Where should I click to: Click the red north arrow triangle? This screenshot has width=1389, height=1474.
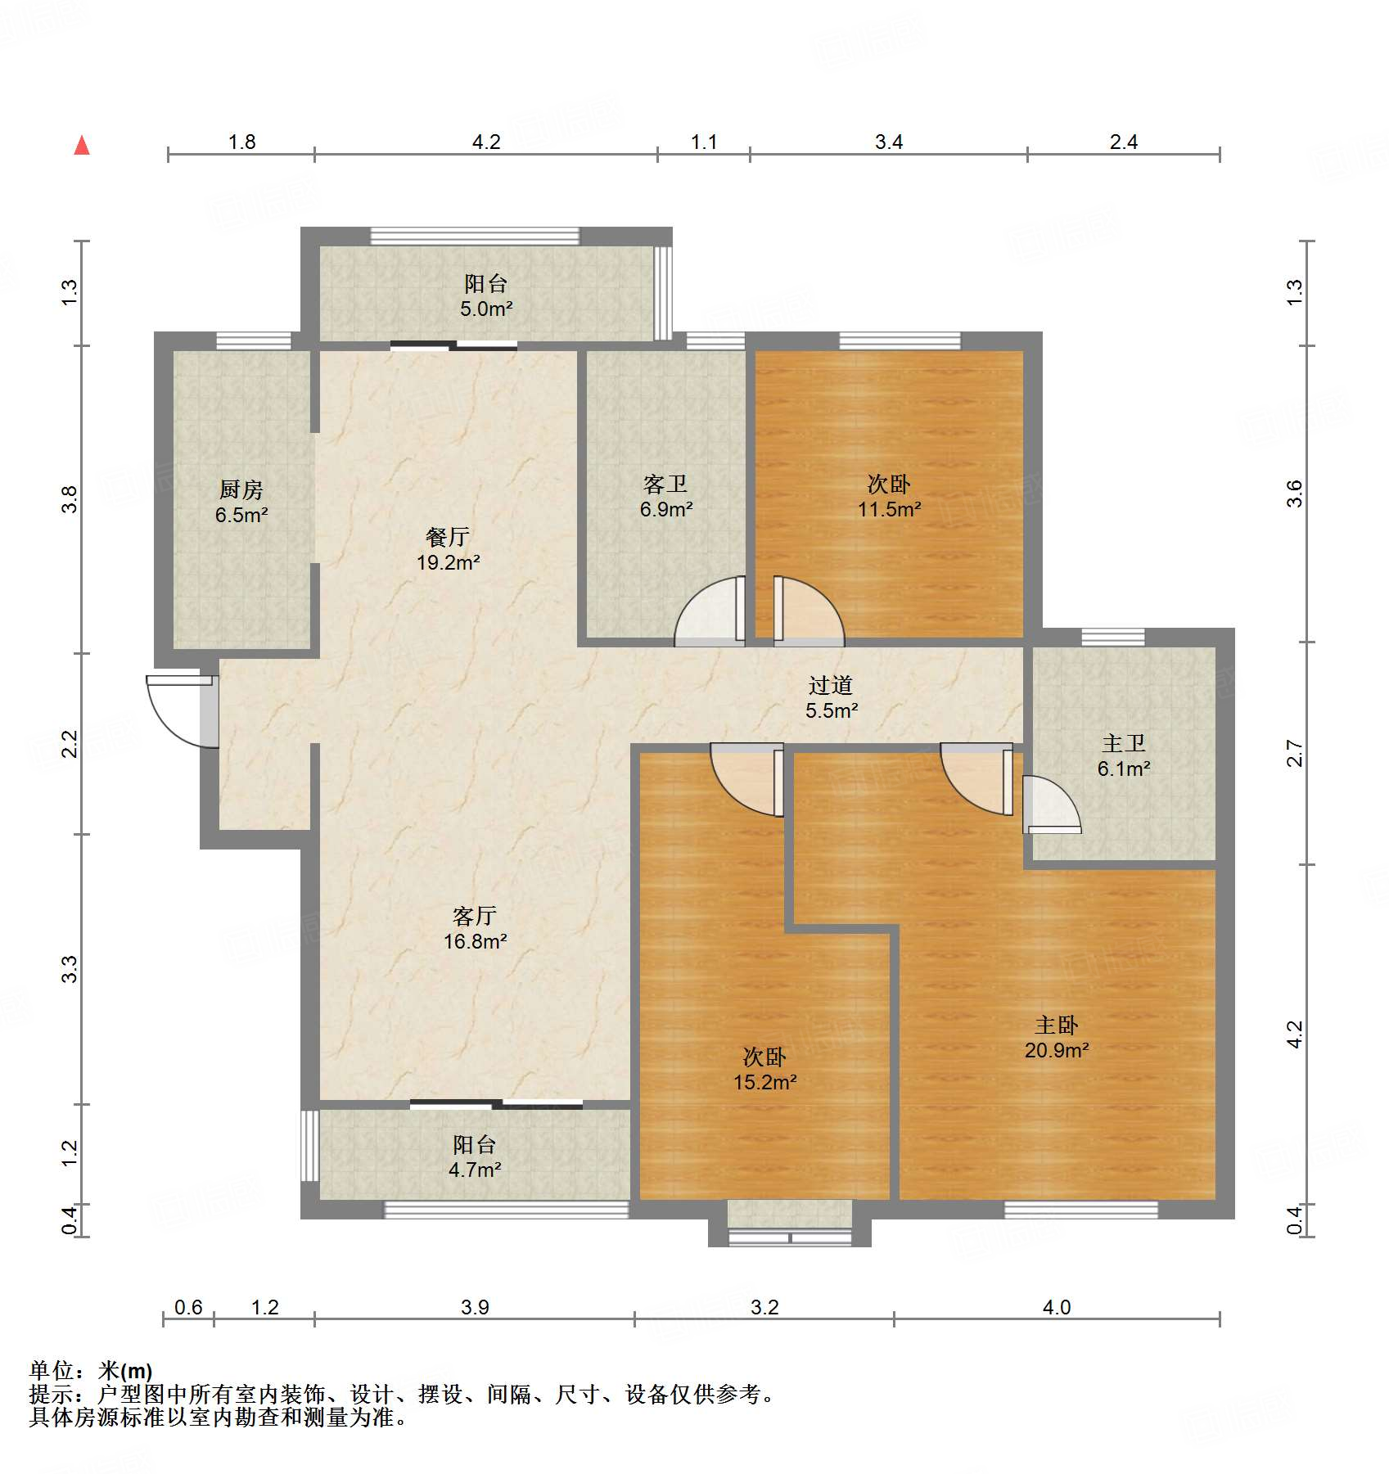pos(82,146)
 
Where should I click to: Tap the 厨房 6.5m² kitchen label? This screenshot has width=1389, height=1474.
pos(241,503)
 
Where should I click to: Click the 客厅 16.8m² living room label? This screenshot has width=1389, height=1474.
pos(475,928)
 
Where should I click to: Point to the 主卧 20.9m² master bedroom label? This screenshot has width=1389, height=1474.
pos(1056,1038)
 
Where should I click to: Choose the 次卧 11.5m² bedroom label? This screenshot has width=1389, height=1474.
pos(889,497)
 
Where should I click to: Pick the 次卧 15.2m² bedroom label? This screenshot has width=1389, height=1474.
pos(764,1070)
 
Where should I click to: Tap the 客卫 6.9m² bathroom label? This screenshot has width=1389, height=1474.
pos(665,497)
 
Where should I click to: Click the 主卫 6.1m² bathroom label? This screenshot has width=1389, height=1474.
pos(1124,756)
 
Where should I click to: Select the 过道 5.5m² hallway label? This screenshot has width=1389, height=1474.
pos(831,698)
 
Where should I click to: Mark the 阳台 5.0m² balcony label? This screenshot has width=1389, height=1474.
pos(486,296)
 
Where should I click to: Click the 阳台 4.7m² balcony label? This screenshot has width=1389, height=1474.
pos(475,1157)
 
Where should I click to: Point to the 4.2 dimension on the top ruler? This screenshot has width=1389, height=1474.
pos(486,142)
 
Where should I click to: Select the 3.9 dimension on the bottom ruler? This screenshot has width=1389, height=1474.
pos(475,1307)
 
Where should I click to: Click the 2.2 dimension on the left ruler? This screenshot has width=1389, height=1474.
pos(70,744)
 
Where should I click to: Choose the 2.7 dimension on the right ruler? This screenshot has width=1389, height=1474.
pos(1294,753)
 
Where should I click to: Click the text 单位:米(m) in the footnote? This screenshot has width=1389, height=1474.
pos(91,1370)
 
